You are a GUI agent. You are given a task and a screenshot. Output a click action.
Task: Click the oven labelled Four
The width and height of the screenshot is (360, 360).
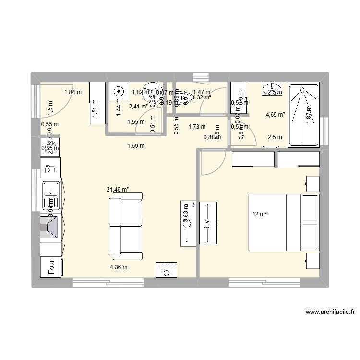click(50, 267)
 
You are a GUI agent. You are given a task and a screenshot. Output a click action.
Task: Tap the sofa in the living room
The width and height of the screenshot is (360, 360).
click(126, 226)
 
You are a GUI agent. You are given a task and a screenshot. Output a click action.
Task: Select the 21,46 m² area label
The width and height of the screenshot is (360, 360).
click(117, 190)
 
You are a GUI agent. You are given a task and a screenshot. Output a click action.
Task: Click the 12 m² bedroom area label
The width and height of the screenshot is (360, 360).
click(259, 214)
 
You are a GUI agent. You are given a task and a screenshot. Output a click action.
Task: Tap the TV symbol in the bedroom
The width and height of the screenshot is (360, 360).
click(207, 224)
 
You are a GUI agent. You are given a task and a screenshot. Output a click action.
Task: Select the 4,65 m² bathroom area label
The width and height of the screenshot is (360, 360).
click(276, 115)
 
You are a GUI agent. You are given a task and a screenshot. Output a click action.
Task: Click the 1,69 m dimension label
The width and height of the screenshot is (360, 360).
click(136, 146)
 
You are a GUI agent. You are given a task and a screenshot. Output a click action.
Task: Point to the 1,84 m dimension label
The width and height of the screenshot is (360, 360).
click(72, 93)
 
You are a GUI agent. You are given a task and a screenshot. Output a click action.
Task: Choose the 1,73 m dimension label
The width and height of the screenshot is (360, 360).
click(197, 127)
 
